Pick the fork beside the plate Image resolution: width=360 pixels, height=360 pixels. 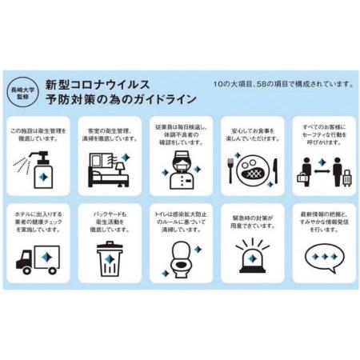coord(230,170)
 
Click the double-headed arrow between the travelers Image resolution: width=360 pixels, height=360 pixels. coord(321,169)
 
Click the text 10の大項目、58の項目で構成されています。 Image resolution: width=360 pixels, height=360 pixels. coord(282,83)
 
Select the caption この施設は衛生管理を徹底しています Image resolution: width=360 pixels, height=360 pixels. coord(38,133)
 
